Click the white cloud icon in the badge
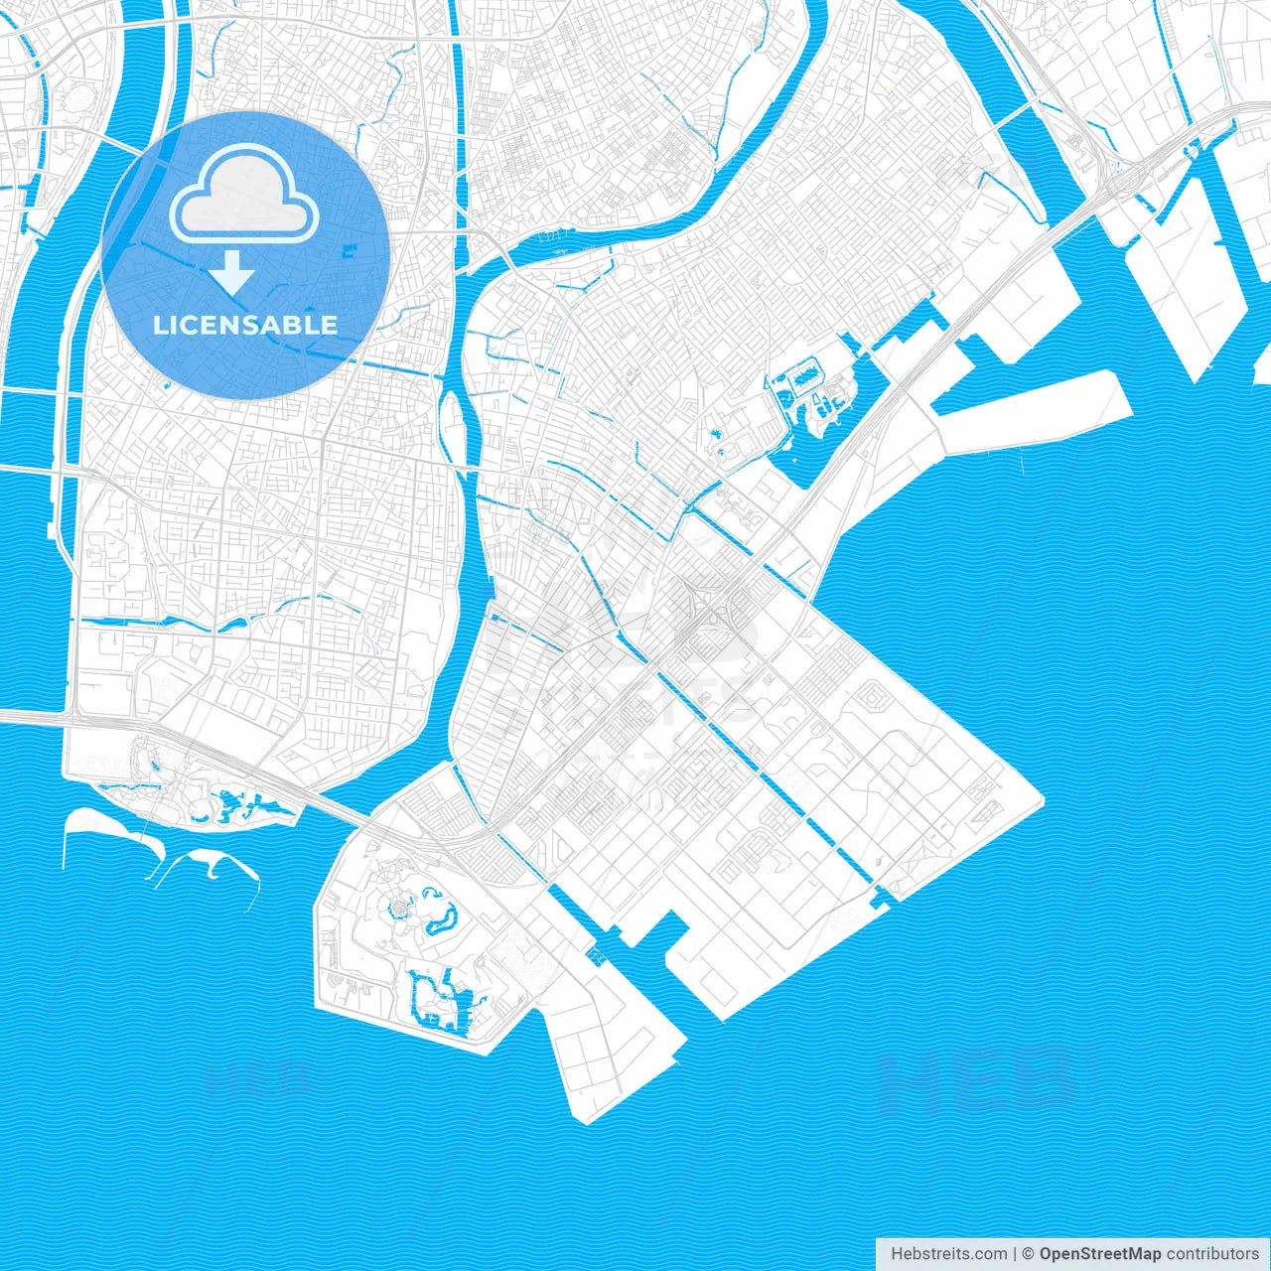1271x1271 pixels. coord(244,195)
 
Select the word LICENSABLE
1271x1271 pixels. coord(244,325)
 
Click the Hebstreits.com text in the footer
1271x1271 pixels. coord(948,1254)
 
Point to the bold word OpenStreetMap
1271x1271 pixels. coord(1099,1254)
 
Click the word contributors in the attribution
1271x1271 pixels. coord(1212,1254)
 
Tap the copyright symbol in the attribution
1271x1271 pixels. coord(1028,1254)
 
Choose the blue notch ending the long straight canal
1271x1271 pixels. coord(880,900)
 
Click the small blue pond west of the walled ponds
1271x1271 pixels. coord(713,433)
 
